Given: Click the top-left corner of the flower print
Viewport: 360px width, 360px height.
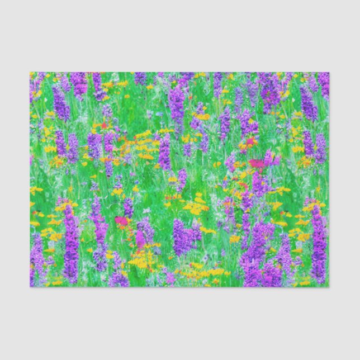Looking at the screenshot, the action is [30, 73].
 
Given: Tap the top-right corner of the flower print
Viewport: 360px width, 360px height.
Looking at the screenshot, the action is [329, 73].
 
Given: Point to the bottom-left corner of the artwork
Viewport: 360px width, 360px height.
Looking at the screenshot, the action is [30, 287].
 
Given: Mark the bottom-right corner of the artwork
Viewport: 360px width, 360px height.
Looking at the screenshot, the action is [329, 287].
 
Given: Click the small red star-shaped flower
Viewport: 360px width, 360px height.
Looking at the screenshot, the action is [105, 126].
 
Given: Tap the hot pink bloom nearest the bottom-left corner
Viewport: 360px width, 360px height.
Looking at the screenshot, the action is [121, 221].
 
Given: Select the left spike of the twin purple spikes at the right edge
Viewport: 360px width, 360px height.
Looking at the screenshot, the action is [308, 144].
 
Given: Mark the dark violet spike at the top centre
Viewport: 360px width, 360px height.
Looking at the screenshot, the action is [177, 103].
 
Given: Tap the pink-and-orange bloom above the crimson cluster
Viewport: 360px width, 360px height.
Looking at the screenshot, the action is [248, 144].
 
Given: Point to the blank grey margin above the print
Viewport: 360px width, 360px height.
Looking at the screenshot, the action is [180, 36].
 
